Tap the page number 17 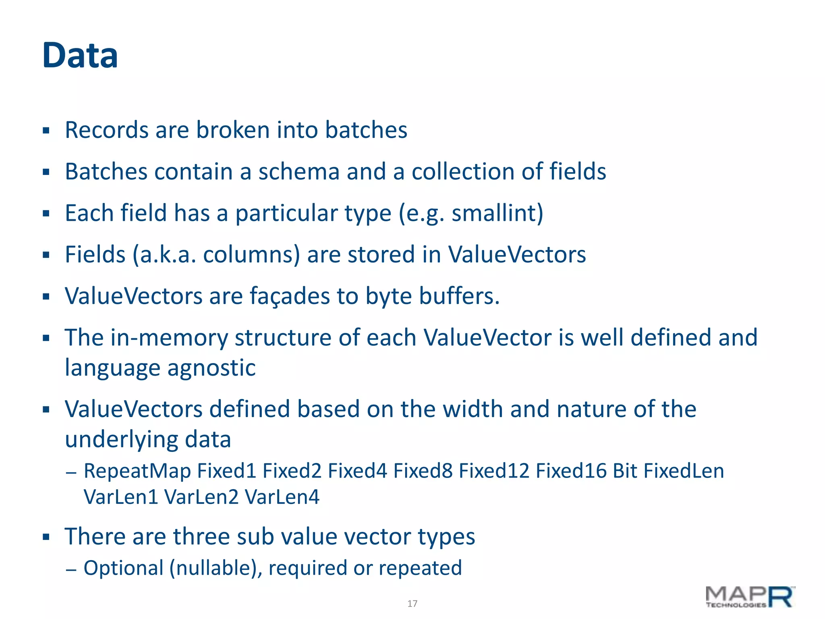click(412, 603)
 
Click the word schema click(299, 172)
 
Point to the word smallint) click(497, 213)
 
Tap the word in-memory click(169, 338)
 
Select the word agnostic click(211, 368)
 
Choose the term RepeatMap click(137, 471)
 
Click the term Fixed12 click(494, 471)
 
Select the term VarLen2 click(201, 497)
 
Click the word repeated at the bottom click(420, 568)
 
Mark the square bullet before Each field click(46, 214)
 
